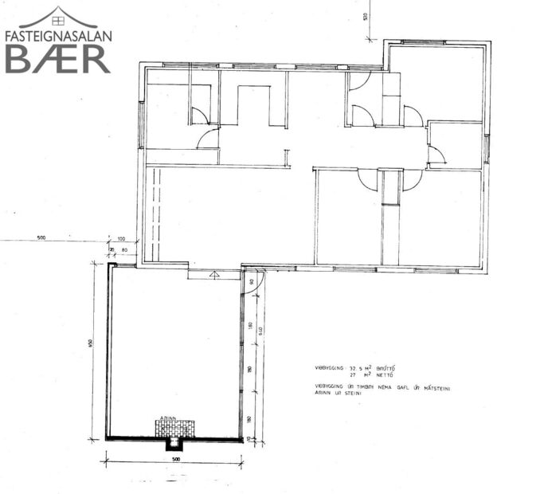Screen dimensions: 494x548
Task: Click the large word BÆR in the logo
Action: pos(57,58)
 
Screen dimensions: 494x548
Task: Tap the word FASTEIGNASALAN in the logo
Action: pos(57,36)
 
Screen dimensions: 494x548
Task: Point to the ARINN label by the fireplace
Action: pos(167,418)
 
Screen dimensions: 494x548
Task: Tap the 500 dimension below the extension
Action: pos(173,459)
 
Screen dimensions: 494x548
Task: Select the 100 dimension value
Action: pos(121,239)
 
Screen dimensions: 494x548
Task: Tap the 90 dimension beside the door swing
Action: pos(250,281)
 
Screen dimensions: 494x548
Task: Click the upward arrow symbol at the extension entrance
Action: pos(213,273)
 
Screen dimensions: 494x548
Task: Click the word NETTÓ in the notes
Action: pos(384,374)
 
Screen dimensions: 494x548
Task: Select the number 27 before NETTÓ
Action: pos(352,374)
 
